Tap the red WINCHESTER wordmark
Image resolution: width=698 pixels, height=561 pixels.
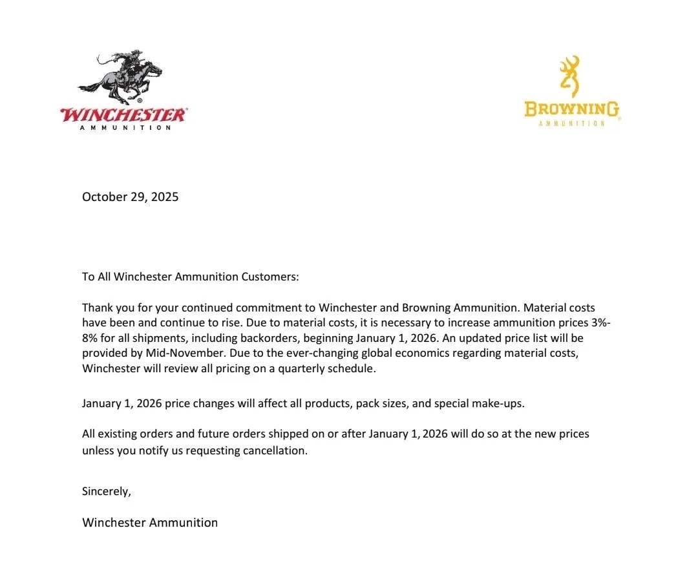point(123,115)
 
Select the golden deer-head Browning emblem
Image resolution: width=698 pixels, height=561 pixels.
point(569,76)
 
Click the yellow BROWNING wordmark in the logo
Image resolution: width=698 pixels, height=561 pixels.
point(571,108)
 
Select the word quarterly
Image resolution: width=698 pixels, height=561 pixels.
point(302,369)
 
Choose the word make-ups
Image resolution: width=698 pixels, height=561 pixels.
point(502,404)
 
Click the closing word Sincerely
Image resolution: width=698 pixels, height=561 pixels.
point(107,491)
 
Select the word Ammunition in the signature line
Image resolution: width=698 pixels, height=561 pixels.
point(184,522)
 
